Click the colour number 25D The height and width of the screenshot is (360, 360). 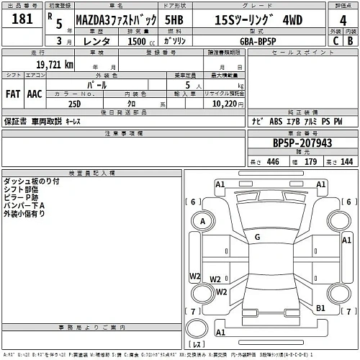pyautogui.click(x=74, y=104)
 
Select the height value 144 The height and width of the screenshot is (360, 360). pyautogui.click(x=346, y=162)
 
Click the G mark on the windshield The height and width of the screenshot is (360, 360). pyautogui.click(x=256, y=237)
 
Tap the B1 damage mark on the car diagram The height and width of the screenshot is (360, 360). pyautogui.click(x=321, y=307)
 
